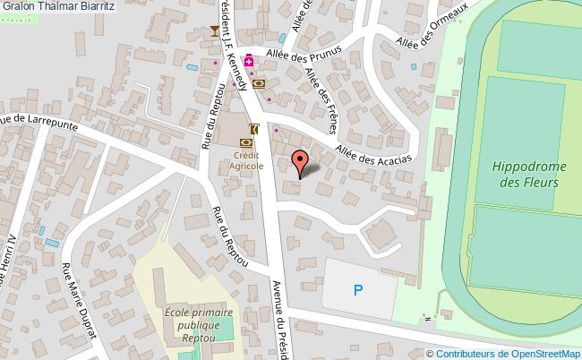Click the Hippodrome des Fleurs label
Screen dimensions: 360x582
525,174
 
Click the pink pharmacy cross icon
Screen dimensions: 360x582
249,62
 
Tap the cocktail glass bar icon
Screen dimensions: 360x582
214,32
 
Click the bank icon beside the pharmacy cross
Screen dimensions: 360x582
259,83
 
